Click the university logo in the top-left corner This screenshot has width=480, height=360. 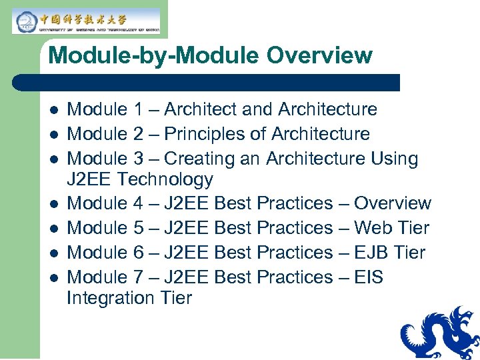[86, 21]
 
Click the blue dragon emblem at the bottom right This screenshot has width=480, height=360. [440, 333]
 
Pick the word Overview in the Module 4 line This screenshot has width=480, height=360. [393, 203]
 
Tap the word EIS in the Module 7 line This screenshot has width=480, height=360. [369, 277]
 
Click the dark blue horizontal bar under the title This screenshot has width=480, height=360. [207, 83]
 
